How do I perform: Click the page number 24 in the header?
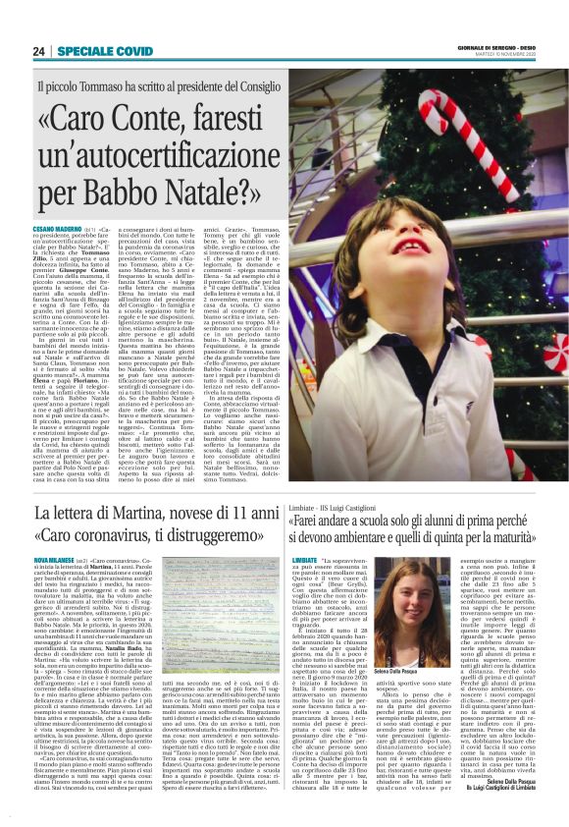point(38,51)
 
